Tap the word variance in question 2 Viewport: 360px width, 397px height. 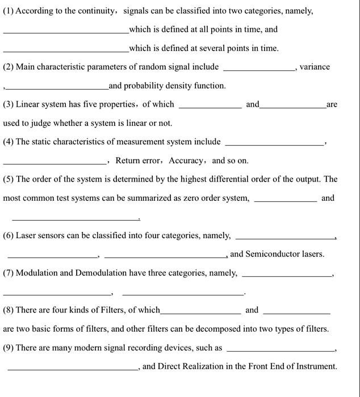point(315,67)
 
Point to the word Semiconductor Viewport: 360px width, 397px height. point(272,254)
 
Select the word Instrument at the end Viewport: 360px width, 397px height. point(316,366)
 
